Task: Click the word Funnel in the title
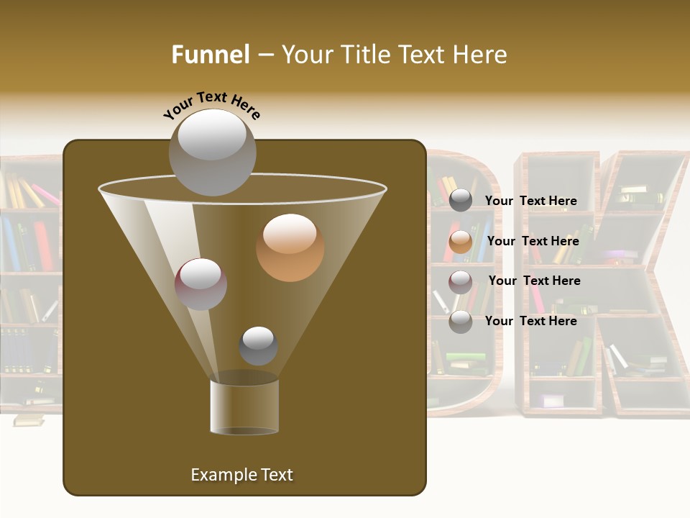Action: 211,55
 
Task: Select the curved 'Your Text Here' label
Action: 212,104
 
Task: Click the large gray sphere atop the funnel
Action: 213,152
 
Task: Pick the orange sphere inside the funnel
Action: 290,247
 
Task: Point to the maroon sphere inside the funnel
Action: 201,283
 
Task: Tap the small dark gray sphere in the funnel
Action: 258,345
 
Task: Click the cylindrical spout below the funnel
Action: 244,406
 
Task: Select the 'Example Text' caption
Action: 241,475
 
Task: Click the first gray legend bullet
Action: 461,201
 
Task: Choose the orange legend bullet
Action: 461,242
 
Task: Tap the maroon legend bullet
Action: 461,281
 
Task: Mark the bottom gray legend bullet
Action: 461,322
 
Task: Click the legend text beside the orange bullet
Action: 533,242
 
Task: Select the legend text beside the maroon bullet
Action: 534,281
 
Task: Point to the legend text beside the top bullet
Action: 530,201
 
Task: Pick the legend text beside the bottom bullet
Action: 530,322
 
